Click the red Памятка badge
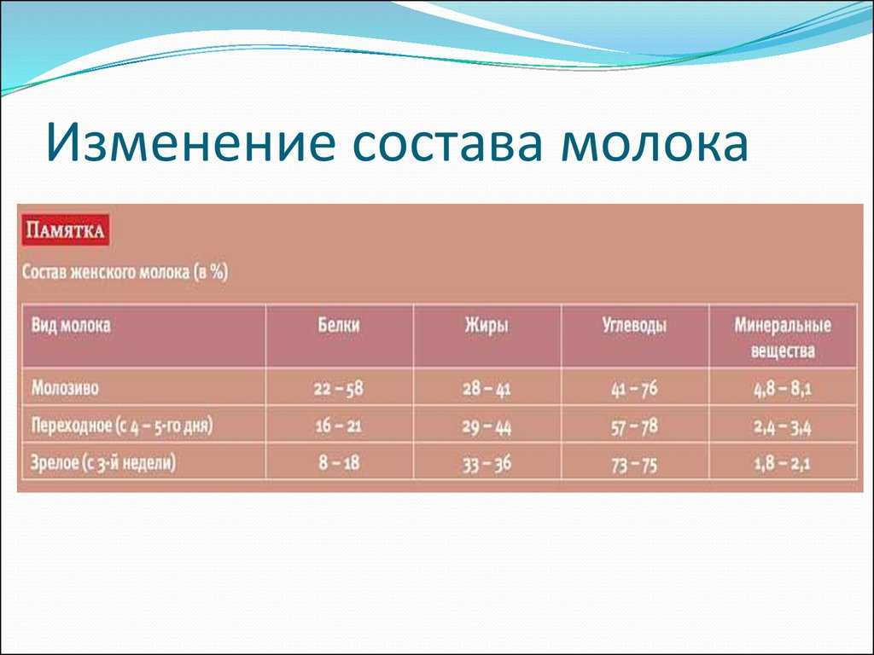pyautogui.click(x=65, y=230)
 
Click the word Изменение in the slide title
pyautogui.click(x=190, y=142)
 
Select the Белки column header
pyautogui.click(x=339, y=325)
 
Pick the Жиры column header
pyautogui.click(x=487, y=325)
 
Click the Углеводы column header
pyautogui.click(x=634, y=325)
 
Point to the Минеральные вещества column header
pyautogui.click(x=783, y=338)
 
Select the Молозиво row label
pyautogui.click(x=65, y=387)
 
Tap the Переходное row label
pyautogui.click(x=121, y=426)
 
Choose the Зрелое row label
pyautogui.click(x=103, y=463)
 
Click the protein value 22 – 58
pyautogui.click(x=338, y=388)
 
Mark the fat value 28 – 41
pyautogui.click(x=487, y=388)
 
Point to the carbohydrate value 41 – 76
pyautogui.click(x=634, y=388)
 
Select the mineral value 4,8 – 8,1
pyautogui.click(x=783, y=388)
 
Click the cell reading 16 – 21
pyautogui.click(x=338, y=426)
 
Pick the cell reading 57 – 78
pyautogui.click(x=634, y=426)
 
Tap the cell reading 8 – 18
pyautogui.click(x=339, y=463)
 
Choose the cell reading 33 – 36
pyautogui.click(x=487, y=463)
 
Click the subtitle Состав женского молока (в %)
pyautogui.click(x=125, y=272)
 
